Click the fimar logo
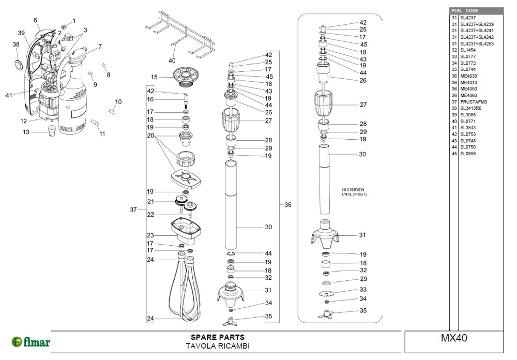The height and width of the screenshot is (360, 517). tap(31, 342)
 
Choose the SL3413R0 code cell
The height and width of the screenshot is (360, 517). tap(470, 108)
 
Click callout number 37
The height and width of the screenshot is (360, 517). tap(133, 209)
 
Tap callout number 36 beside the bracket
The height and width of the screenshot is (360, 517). tap(288, 205)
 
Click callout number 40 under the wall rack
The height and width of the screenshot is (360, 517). tap(172, 61)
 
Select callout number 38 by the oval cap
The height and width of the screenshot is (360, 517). tap(16, 44)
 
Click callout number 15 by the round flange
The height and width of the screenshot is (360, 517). tap(154, 77)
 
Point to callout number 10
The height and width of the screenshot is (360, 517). tap(118, 101)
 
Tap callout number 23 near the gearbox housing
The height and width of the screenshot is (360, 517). tap(150, 235)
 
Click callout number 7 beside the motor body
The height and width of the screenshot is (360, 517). tap(100, 47)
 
